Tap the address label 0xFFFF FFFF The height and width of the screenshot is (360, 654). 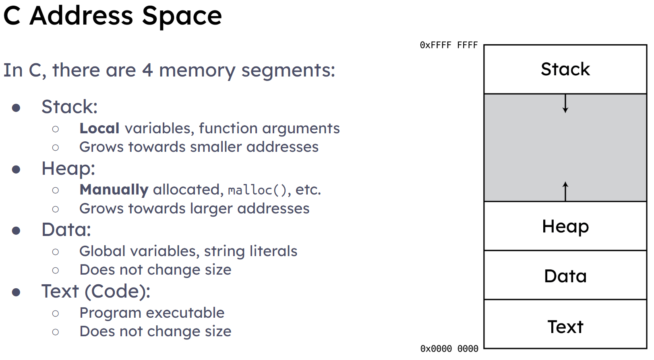click(x=449, y=45)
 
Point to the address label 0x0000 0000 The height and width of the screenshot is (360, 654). click(x=449, y=349)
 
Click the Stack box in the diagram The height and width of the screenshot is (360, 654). click(x=565, y=69)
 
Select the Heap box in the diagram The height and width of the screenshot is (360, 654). click(x=565, y=226)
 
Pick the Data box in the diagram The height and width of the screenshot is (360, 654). click(x=565, y=275)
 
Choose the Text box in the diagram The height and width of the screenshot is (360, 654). click(x=565, y=324)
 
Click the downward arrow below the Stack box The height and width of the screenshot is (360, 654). click(x=565, y=103)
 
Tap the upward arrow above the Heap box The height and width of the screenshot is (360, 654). click(x=565, y=192)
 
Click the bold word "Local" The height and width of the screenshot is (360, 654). click(x=99, y=128)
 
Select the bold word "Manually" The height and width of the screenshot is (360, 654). click(x=114, y=190)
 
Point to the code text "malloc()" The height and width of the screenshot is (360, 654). click(x=257, y=190)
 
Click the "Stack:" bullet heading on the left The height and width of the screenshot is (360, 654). click(x=70, y=107)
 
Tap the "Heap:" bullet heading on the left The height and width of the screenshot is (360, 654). click(x=68, y=168)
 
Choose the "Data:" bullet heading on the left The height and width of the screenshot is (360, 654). click(x=66, y=230)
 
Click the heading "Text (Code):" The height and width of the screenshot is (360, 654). click(x=96, y=292)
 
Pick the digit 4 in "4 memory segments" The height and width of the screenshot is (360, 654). click(x=147, y=70)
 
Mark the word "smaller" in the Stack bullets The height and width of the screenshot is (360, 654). click(x=216, y=147)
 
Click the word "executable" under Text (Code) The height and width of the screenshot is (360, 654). click(x=185, y=313)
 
